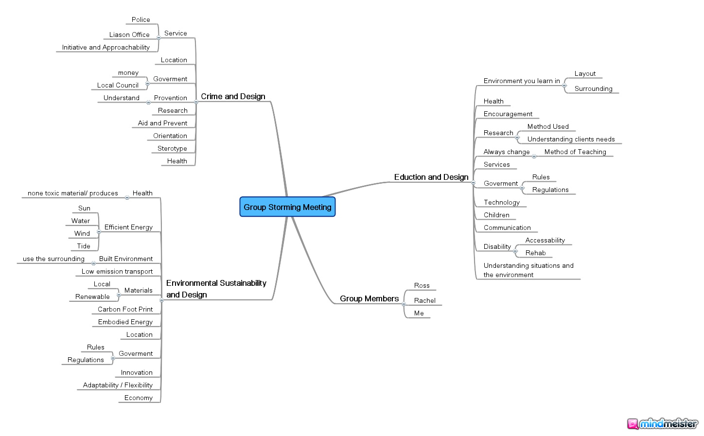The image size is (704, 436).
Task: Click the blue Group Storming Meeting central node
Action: tap(287, 207)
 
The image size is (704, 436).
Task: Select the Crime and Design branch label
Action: tap(233, 96)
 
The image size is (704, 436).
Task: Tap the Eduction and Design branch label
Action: tap(431, 177)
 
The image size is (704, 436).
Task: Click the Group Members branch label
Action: tap(369, 298)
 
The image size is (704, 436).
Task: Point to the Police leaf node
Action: tap(141, 20)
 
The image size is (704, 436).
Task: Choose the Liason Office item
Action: tap(129, 35)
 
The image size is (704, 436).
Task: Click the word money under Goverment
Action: tap(128, 73)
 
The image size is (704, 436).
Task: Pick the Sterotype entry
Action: tap(172, 148)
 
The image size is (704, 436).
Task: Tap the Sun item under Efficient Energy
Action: tap(84, 208)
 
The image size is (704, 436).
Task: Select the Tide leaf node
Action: tap(84, 246)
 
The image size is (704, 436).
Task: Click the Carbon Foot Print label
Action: tap(125, 309)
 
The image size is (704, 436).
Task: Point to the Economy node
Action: tap(138, 398)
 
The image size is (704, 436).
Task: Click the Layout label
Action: tap(585, 74)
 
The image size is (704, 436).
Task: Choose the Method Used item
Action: tap(548, 126)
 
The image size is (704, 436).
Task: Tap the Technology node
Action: tap(502, 202)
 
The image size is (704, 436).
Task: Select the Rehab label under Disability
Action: tap(535, 253)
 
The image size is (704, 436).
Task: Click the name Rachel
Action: tap(424, 300)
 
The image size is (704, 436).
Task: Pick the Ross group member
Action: tap(422, 285)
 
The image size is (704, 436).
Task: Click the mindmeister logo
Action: tap(662, 424)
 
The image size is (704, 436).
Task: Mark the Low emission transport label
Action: tap(117, 271)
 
